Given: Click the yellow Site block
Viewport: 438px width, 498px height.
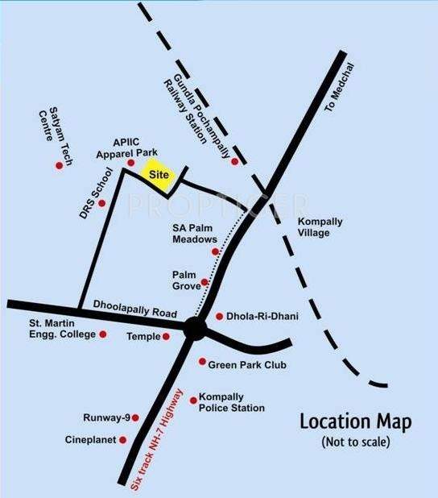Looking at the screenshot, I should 157,175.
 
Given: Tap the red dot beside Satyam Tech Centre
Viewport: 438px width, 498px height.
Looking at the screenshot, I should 58,165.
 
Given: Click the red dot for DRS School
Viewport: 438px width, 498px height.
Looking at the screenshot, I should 102,203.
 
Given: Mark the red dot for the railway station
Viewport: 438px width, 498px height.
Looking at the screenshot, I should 234,162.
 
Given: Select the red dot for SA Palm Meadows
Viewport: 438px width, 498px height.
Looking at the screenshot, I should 215,251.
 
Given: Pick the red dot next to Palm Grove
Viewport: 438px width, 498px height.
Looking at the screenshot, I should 205,283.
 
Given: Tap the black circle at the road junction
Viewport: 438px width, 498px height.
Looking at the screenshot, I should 194,328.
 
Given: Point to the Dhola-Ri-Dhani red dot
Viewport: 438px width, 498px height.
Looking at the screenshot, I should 220,317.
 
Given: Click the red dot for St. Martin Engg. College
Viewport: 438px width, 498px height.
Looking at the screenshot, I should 102,334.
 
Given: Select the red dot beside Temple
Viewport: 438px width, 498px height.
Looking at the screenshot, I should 167,336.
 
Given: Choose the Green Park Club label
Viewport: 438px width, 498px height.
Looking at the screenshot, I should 247,365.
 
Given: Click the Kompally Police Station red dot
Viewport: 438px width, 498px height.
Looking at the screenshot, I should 192,400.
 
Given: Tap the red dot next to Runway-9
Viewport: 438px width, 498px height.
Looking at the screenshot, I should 134,417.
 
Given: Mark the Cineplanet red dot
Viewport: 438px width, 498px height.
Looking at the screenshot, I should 123,440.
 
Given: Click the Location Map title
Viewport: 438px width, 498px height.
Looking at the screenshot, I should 355,421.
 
